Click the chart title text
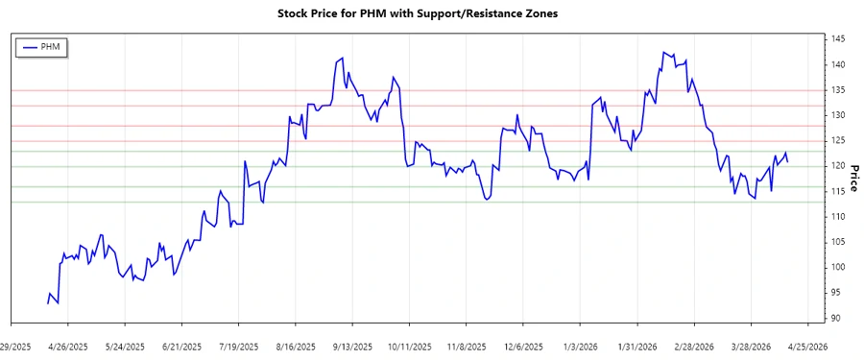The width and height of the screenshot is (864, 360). [x=417, y=13]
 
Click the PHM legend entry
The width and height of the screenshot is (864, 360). [x=42, y=46]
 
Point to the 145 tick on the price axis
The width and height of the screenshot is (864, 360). [x=838, y=39]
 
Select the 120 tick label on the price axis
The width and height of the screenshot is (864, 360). [x=838, y=166]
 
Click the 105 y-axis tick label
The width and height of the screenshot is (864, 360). [x=838, y=242]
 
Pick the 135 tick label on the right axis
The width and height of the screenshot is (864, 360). [x=838, y=90]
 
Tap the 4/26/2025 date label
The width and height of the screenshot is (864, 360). [x=67, y=346]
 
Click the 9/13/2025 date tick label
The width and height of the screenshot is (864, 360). [x=352, y=346]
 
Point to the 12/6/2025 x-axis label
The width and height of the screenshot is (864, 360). [x=523, y=346]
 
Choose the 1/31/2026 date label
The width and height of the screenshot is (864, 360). [x=637, y=346]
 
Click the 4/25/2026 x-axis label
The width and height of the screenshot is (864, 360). [x=807, y=346]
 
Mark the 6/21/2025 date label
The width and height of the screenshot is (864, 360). [x=181, y=346]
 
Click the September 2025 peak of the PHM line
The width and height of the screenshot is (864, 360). [x=343, y=59]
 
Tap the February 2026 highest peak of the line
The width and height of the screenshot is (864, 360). [x=664, y=52]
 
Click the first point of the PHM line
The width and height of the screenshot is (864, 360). [x=47, y=303]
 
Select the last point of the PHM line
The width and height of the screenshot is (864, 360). [x=789, y=160]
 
